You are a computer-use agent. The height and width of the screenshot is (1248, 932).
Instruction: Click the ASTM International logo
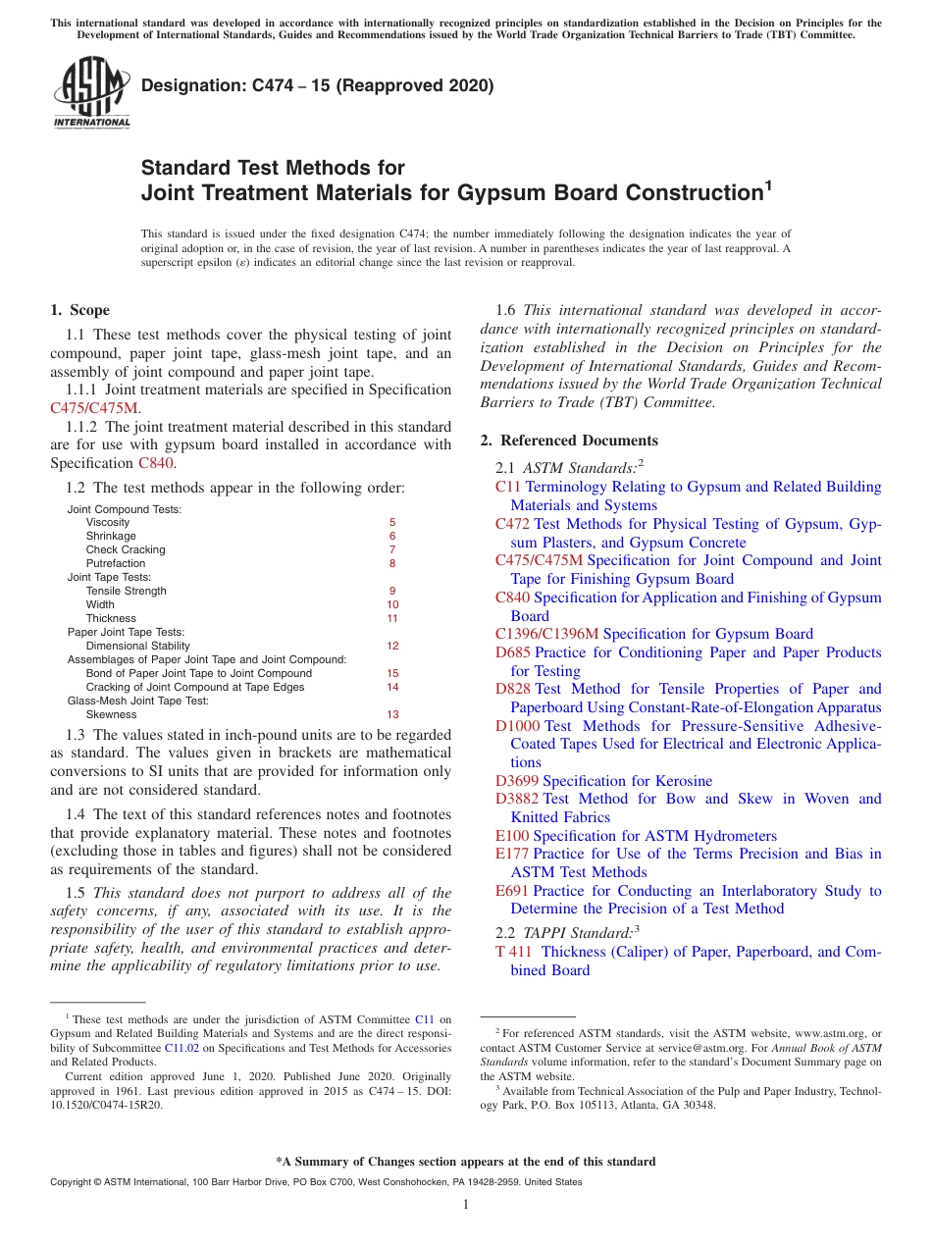[91, 92]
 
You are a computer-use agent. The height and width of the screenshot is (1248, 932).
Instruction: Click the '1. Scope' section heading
[79, 310]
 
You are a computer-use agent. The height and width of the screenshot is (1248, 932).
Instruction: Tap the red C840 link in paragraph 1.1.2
[157, 463]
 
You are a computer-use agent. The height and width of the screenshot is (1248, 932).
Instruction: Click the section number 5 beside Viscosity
[392, 523]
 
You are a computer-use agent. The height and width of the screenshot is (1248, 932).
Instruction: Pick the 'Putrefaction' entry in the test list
[115, 564]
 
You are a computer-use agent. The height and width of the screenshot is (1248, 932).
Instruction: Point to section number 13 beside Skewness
[392, 715]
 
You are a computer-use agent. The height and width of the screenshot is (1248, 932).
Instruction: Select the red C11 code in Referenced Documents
[507, 487]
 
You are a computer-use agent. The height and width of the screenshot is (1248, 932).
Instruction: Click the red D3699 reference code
[517, 781]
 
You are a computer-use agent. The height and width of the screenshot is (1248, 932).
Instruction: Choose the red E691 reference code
[512, 891]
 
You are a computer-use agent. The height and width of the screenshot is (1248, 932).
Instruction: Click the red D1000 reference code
[517, 726]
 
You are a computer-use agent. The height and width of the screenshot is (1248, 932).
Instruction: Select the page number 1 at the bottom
[466, 1205]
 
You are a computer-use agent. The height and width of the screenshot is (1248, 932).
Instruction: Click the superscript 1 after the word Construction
[768, 183]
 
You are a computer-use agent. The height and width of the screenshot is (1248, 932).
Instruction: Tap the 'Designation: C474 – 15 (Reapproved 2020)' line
[317, 86]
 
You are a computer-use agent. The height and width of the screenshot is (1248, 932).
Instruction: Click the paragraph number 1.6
[505, 310]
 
